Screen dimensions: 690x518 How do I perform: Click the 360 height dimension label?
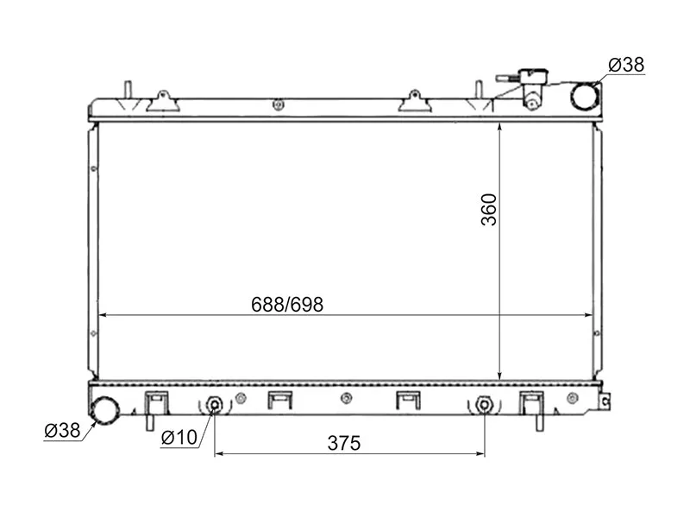[x=489, y=210]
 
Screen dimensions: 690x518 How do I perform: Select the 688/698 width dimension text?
[x=287, y=305]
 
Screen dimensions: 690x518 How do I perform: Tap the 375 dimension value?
[x=343, y=443]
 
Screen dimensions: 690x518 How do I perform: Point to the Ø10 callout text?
[x=179, y=438]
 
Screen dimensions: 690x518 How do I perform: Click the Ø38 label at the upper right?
[x=626, y=65]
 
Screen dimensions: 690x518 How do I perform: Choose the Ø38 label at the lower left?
[x=62, y=430]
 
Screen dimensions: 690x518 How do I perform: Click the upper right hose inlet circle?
[x=585, y=96]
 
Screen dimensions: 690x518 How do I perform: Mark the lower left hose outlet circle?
[x=104, y=409]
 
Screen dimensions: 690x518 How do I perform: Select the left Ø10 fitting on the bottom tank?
[x=214, y=405]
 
